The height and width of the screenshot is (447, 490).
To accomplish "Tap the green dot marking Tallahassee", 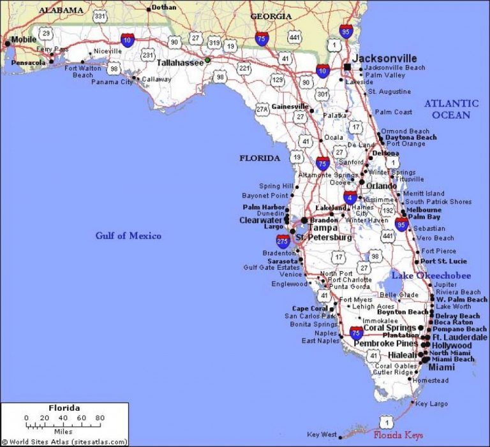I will coord(207,61).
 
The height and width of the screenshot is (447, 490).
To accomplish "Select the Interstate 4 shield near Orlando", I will coord(350,198).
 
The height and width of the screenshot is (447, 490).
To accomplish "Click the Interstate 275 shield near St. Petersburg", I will coord(283,240).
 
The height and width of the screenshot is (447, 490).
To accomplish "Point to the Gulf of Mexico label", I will coord(128,236).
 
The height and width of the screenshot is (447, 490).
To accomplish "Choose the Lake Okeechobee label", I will coord(431,275).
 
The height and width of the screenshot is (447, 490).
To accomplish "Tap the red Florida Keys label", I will coord(398,436).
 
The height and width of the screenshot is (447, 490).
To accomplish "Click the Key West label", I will coord(322,435).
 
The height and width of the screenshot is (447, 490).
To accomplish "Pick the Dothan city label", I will coord(163,8).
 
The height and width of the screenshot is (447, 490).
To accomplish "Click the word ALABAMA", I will coord(61,10).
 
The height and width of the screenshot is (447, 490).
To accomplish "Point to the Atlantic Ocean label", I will coord(451,109).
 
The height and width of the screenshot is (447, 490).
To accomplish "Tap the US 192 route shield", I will coord(387,210).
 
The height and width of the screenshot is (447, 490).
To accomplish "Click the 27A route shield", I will coord(262,110).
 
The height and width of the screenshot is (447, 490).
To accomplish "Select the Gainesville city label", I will coord(290,106).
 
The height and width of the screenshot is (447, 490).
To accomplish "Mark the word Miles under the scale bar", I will coord(64,431).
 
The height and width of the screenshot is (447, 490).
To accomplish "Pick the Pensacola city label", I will coord(29,62).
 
